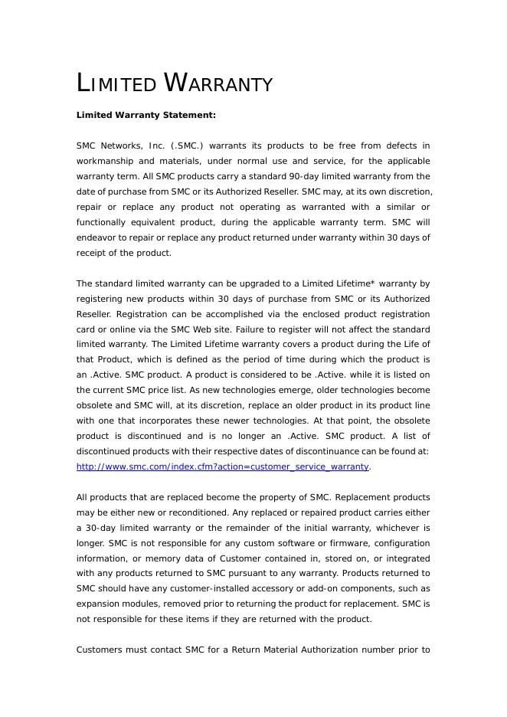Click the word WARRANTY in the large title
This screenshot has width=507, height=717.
point(219,83)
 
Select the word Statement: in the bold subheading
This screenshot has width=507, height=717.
point(189,115)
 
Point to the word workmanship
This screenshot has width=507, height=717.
point(104,161)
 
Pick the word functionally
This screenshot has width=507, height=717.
point(104,222)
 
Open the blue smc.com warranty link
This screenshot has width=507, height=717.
point(223,467)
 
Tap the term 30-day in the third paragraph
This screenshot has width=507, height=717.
point(103,528)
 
